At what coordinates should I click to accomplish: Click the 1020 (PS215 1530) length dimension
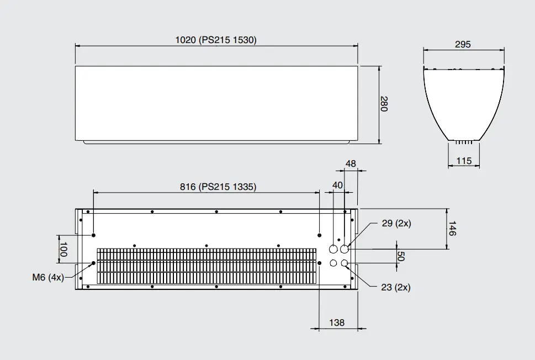(x=216, y=40)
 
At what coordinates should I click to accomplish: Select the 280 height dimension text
(x=384, y=103)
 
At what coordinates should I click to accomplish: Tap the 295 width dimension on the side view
(x=463, y=44)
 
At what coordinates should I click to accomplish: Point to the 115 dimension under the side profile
(x=463, y=161)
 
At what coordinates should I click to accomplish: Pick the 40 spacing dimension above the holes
(x=337, y=184)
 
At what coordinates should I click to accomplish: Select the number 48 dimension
(x=351, y=163)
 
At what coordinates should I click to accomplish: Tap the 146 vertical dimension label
(x=452, y=229)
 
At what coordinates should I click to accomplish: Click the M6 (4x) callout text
(x=48, y=277)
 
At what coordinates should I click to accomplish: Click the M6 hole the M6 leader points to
(x=93, y=263)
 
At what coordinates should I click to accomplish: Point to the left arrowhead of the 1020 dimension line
(x=77, y=46)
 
